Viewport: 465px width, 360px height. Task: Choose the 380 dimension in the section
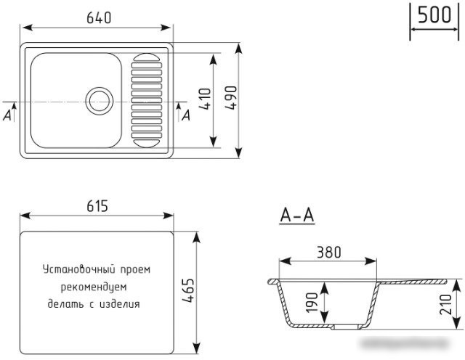(x=329, y=253)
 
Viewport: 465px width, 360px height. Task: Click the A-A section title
(x=296, y=216)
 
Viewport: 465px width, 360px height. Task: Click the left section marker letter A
(x=8, y=114)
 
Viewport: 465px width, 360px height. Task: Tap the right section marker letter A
(x=186, y=114)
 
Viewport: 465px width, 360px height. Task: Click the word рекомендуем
(x=97, y=287)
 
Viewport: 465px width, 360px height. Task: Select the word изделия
(x=120, y=304)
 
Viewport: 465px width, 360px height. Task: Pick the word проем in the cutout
(x=134, y=269)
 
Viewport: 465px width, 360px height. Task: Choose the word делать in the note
(x=65, y=304)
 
